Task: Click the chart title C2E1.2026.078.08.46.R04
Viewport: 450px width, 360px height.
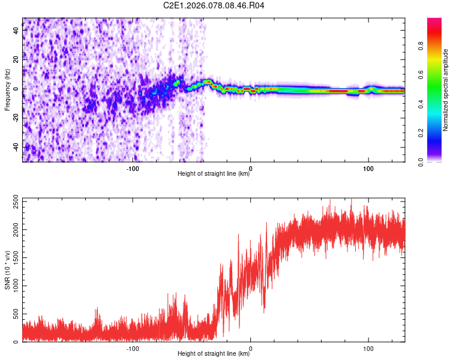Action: coord(214,5)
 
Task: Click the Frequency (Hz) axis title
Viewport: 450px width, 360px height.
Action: coord(7,90)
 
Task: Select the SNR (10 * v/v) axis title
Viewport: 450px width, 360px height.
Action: coord(7,269)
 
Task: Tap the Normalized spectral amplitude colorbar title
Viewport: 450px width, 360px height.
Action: coord(446,90)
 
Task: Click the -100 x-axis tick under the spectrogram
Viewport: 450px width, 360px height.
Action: coord(133,169)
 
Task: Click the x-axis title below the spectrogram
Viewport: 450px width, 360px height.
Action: coord(214,175)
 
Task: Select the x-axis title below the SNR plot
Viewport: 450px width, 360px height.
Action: coord(214,355)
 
